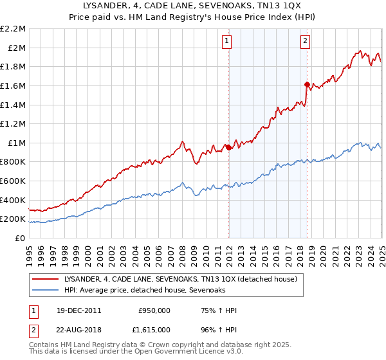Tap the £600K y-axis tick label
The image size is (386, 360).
[x=14, y=181]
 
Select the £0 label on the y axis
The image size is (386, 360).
[x=20, y=239]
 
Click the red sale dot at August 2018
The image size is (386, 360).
[x=307, y=84]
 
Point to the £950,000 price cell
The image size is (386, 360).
[x=154, y=310]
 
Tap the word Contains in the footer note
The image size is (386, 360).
[x=45, y=345]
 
